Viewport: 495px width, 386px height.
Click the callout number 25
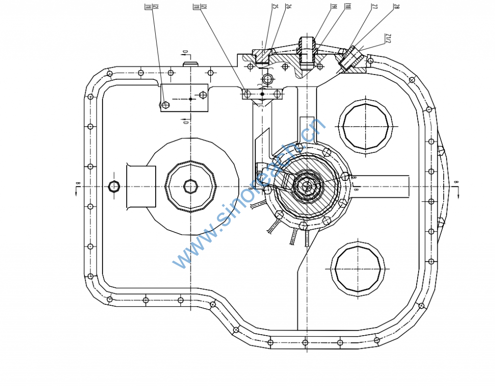pyautogui.click(x=275, y=7)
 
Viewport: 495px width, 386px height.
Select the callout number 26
pyautogui.click(x=288, y=7)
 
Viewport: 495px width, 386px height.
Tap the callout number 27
pyautogui.click(x=375, y=7)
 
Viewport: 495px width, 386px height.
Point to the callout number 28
pyautogui.click(x=396, y=7)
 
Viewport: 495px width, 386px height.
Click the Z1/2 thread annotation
pyautogui.click(x=388, y=39)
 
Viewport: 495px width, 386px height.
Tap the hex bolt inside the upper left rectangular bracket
pyautogui.click(x=166, y=104)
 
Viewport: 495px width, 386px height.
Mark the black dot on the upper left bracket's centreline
pyautogui.click(x=190, y=99)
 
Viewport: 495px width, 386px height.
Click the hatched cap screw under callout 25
pyautogui.click(x=262, y=57)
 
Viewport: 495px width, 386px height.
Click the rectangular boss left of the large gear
pyautogui.click(x=141, y=186)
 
